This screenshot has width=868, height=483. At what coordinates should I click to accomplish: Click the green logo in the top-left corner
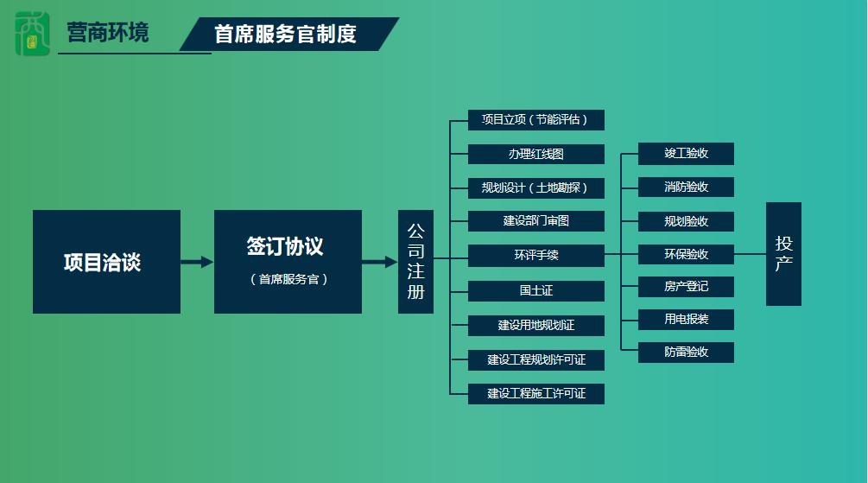(x=32, y=34)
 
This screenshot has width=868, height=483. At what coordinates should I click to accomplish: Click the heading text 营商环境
(x=108, y=33)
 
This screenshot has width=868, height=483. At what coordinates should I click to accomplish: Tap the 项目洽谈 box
(x=106, y=262)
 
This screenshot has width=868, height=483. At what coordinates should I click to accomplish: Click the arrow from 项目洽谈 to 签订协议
(x=197, y=262)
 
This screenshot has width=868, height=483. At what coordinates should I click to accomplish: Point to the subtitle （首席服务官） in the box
(x=288, y=279)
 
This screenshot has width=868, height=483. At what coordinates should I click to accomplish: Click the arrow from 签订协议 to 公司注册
(x=380, y=262)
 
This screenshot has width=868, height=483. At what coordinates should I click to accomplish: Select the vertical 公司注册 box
(x=415, y=262)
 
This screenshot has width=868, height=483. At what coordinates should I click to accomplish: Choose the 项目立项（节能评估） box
(x=535, y=120)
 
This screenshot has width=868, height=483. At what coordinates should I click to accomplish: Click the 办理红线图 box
(x=535, y=155)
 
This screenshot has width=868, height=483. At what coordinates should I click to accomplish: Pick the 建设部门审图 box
(x=535, y=221)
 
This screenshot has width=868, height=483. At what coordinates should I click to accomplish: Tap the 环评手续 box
(x=535, y=256)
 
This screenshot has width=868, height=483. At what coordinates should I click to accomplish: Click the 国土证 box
(x=535, y=291)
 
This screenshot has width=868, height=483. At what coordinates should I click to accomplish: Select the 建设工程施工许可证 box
(x=535, y=394)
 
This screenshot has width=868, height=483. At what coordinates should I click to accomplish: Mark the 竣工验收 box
(x=686, y=154)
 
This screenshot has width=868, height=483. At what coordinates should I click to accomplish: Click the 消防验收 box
(x=686, y=187)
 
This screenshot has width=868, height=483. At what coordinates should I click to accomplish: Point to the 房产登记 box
(x=686, y=287)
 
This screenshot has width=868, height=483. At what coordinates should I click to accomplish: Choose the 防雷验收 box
(x=686, y=353)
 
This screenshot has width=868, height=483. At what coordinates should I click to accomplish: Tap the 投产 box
(x=783, y=254)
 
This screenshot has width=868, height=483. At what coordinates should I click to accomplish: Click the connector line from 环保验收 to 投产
(x=750, y=254)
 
